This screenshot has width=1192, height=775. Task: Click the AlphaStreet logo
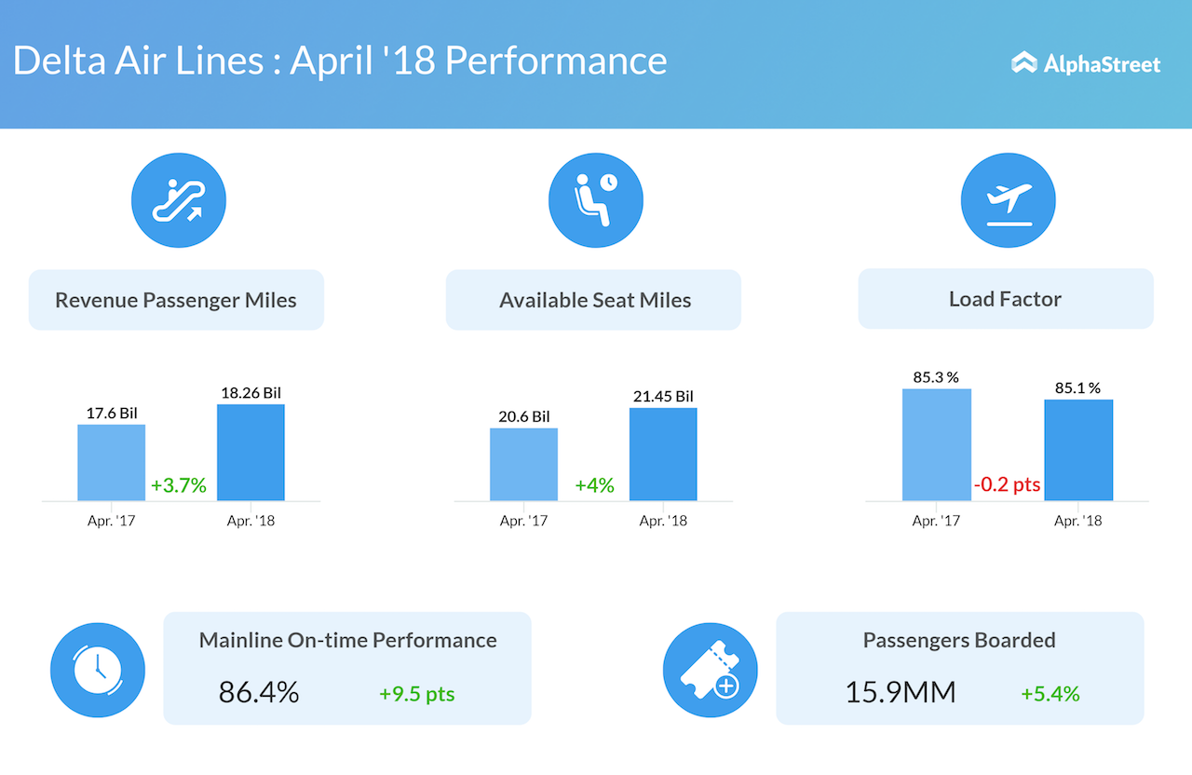coord(1086,63)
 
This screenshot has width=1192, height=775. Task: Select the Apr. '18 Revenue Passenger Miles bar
coord(251,452)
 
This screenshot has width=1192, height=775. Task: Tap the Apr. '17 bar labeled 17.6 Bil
coord(111,462)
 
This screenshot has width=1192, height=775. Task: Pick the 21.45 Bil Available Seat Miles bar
coord(663,454)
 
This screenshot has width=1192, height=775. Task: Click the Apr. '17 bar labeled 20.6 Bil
coord(523,464)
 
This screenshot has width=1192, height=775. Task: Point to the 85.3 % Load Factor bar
coord(936,444)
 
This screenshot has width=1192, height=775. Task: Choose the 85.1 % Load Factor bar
coord(1078,450)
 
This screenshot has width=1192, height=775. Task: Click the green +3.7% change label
coord(179,485)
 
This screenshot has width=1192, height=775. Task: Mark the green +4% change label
coord(594,485)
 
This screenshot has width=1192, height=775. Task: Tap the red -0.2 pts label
coord(1008,485)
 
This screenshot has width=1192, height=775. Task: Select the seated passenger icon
coord(595,200)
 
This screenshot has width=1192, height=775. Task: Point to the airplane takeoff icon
coord(1008,200)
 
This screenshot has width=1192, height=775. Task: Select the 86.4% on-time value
coord(259,692)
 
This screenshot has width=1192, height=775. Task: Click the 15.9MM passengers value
coord(901,692)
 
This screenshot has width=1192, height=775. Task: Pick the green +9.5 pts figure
coord(416,694)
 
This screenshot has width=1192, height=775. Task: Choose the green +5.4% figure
coord(1050,694)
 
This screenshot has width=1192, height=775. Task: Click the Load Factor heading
coord(1005,299)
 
